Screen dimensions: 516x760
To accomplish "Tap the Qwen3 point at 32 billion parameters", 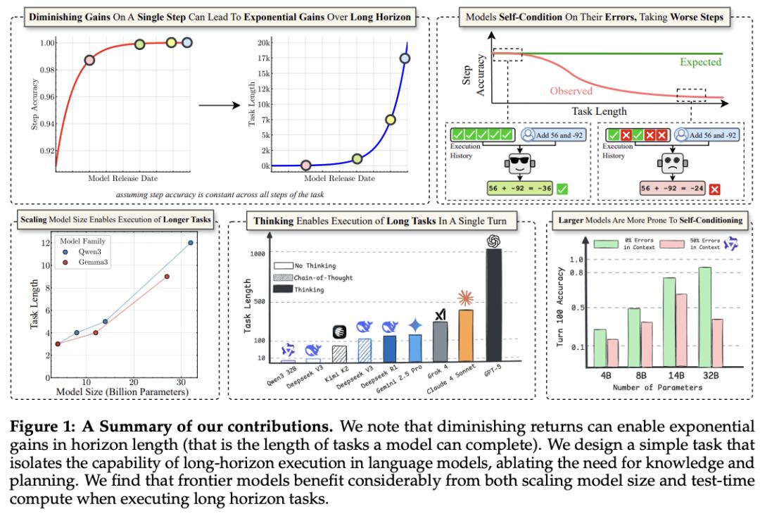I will (x=190, y=243).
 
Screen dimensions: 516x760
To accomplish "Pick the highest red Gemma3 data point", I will (x=167, y=277).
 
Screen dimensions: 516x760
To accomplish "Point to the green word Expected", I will (x=700, y=62).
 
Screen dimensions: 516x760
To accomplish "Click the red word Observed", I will (x=571, y=91).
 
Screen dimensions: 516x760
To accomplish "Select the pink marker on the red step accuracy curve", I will (x=89, y=61).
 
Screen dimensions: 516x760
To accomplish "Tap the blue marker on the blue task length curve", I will (x=405, y=58).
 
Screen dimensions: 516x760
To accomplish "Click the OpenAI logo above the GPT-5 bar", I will (x=494, y=241).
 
